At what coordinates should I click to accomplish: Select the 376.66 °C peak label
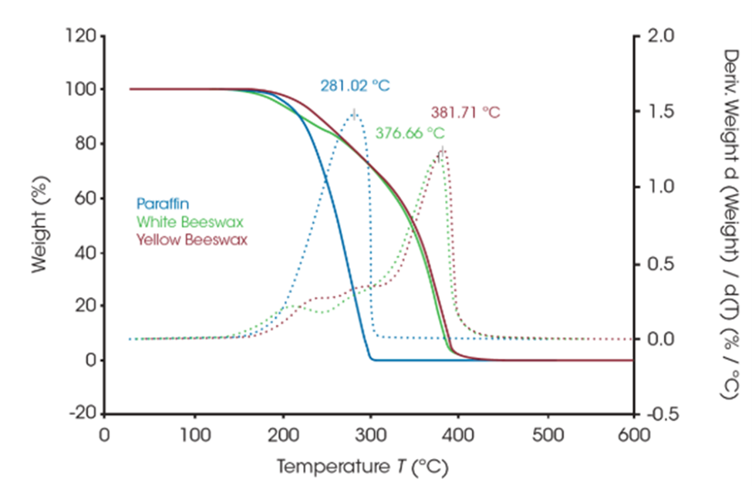[410, 133]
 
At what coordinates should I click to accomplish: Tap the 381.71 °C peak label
[465, 113]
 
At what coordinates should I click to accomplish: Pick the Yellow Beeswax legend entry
[182, 239]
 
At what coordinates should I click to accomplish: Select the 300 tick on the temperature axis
[371, 434]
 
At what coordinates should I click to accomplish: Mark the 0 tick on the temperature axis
[105, 434]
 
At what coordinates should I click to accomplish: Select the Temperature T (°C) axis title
[362, 467]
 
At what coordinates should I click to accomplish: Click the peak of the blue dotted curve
[354, 113]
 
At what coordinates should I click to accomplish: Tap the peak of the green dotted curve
[438, 155]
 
